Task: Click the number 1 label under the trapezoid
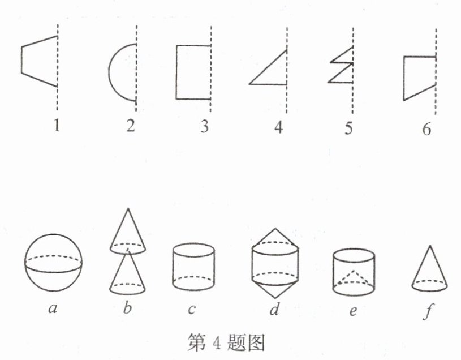tap(57, 126)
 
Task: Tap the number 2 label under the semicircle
tap(131, 126)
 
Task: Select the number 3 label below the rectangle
tap(205, 126)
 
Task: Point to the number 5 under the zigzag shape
tap(348, 128)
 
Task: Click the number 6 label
tap(426, 129)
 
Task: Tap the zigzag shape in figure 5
tap(341, 65)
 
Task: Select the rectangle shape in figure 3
tap(176, 72)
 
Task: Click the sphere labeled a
tap(53, 262)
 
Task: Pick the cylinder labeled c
tap(193, 267)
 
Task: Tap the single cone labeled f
tap(429, 268)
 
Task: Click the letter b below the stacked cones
tap(127, 308)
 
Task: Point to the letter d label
tap(274, 309)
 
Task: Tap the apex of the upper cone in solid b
tap(128, 208)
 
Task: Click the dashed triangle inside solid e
tap(354, 277)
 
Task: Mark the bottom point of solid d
tap(275, 298)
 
